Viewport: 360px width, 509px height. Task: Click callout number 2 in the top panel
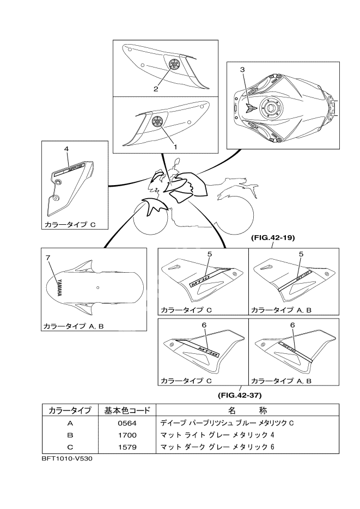tap(156, 88)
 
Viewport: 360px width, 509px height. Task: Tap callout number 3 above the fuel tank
tap(242, 70)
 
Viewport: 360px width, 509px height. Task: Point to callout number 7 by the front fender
tap(48, 256)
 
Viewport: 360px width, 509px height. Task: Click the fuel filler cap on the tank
tap(271, 107)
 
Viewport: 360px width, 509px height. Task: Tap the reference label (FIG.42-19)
tap(273, 238)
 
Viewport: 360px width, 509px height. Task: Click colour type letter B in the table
tap(69, 435)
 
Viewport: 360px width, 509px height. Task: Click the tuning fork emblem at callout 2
tap(173, 64)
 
